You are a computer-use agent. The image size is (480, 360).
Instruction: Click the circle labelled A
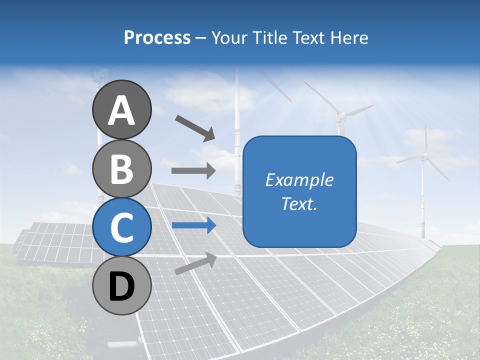coord(122,110)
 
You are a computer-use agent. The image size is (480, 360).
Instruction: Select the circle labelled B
coord(122,168)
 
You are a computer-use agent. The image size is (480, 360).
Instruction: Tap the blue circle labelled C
coord(122,227)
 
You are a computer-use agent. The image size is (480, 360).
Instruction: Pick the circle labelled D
coord(122,286)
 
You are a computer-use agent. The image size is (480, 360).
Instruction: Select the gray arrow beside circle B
coord(193,170)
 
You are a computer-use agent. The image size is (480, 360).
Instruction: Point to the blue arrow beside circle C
coord(193,225)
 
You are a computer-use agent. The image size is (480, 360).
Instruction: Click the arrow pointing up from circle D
coord(195,263)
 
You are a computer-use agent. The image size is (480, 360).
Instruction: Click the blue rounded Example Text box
coord(299,191)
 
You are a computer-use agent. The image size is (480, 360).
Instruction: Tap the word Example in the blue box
coord(299,180)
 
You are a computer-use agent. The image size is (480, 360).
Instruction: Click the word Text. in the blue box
coord(299,203)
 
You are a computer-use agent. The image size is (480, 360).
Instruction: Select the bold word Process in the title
coord(157,37)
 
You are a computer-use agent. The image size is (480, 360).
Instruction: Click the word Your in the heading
coord(229,37)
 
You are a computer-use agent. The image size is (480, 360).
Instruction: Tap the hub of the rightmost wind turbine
coord(424,157)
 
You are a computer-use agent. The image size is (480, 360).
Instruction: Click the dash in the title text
coord(201,38)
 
